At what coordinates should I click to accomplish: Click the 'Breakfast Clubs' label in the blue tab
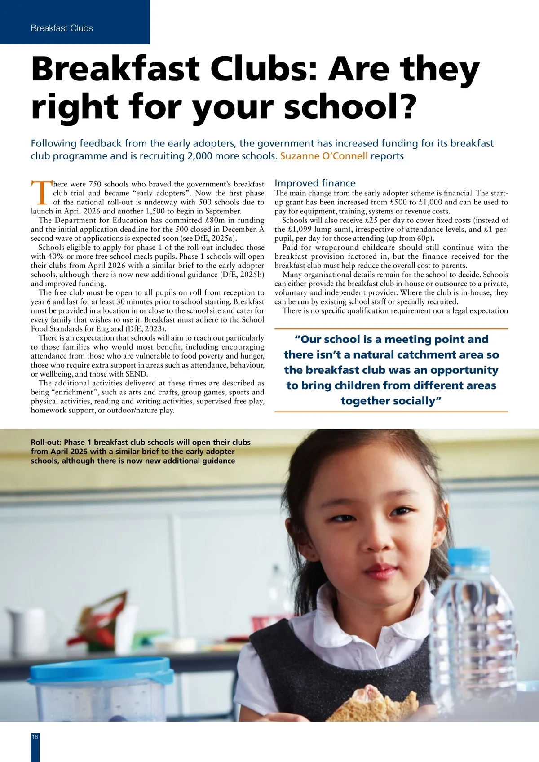pyautogui.click(x=62, y=28)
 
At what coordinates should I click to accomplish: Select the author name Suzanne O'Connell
pyautogui.click(x=324, y=156)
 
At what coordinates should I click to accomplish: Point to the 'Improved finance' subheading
pyautogui.click(x=315, y=183)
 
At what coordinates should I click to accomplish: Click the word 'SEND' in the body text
pyautogui.click(x=138, y=374)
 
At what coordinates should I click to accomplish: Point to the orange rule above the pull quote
pyautogui.click(x=391, y=329)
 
